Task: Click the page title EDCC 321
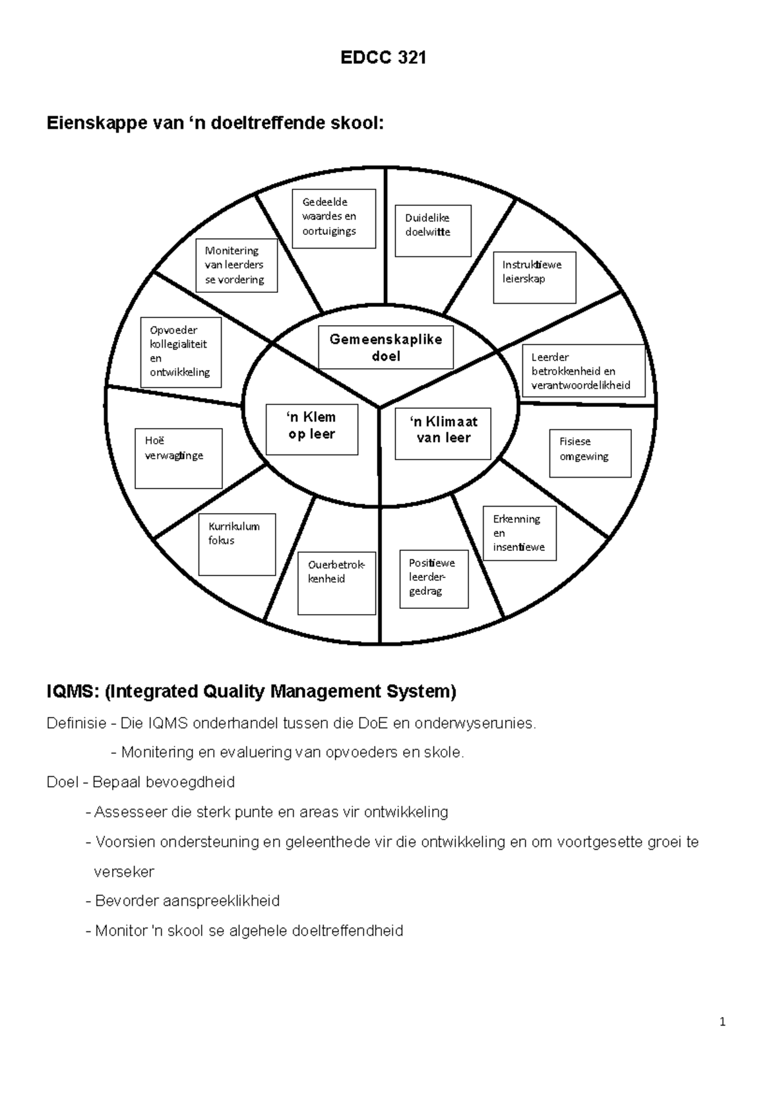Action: [x=383, y=58]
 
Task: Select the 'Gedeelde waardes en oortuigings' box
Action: [x=334, y=219]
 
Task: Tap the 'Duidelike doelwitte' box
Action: [x=433, y=230]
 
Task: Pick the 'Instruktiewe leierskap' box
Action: [x=534, y=277]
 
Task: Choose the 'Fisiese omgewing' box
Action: [x=590, y=453]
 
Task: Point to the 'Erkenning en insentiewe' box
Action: [x=519, y=533]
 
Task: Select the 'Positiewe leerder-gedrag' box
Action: [x=434, y=579]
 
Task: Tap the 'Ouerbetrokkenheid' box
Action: [x=336, y=583]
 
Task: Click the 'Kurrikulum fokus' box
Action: [x=237, y=544]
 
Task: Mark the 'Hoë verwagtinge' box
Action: [x=178, y=458]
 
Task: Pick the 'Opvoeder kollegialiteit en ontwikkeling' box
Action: [x=181, y=352]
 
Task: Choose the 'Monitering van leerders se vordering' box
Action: [x=236, y=265]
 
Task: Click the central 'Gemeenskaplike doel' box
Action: [x=386, y=348]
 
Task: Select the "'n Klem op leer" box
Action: [x=312, y=429]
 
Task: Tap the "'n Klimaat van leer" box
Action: [x=443, y=433]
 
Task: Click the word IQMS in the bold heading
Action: [x=72, y=692]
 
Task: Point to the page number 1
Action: [x=723, y=1022]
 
